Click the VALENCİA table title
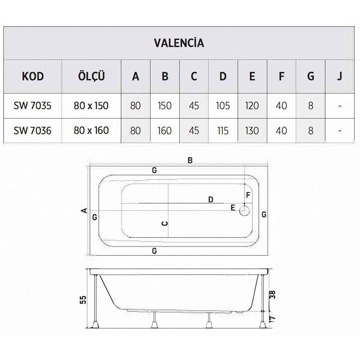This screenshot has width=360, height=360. pyautogui.click(x=179, y=43)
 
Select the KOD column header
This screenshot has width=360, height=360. pyautogui.click(x=33, y=76)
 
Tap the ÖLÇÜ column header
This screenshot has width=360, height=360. pyautogui.click(x=91, y=76)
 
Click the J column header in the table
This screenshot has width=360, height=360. pyautogui.click(x=339, y=76)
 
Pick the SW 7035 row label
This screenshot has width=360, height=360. pyautogui.click(x=33, y=106)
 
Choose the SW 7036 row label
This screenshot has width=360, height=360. pyautogui.click(x=33, y=131)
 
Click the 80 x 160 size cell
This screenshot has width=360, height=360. pyautogui.click(x=91, y=131)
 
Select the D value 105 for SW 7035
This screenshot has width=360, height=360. pyautogui.click(x=223, y=106)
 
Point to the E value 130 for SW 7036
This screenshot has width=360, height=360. pyautogui.click(x=252, y=131)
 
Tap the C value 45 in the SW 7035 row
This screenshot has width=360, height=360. pyautogui.click(x=194, y=106)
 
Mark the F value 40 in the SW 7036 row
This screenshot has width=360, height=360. pyautogui.click(x=281, y=131)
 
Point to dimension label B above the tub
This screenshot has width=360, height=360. pyautogui.click(x=190, y=160)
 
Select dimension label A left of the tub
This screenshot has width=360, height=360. pyautogui.click(x=84, y=210)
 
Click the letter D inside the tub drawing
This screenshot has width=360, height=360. pyautogui.click(x=210, y=199)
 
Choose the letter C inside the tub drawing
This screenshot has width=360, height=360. pyautogui.click(x=164, y=223)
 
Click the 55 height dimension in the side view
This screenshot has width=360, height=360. pyautogui.click(x=83, y=299)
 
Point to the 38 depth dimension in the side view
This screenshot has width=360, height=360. pyautogui.click(x=273, y=294)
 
